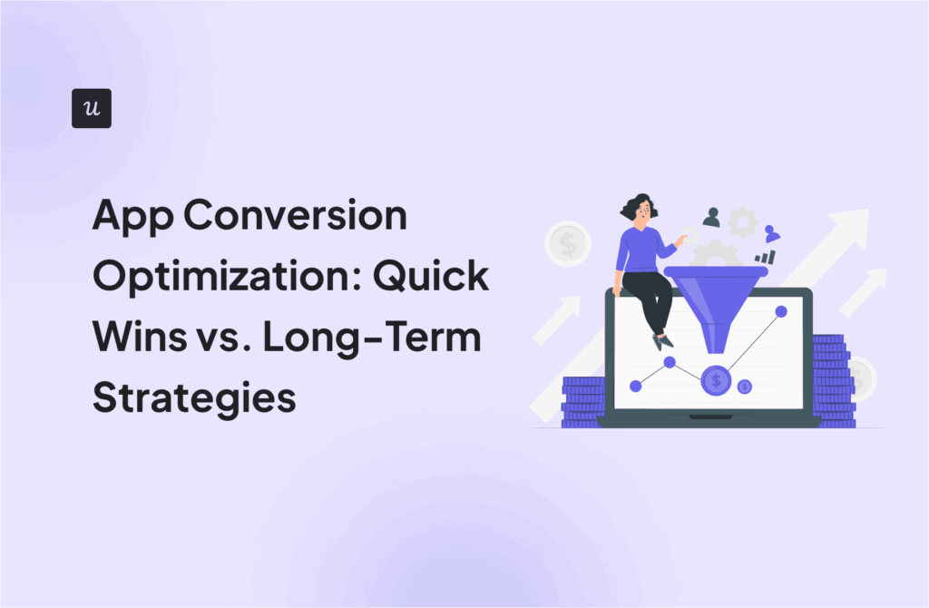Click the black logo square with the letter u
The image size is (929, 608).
pos(91,108)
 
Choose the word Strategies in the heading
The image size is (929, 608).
pos(194,397)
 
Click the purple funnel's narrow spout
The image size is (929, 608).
pos(717,341)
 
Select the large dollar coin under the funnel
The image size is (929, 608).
pos(717,380)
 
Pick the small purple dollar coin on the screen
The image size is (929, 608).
pos(745,387)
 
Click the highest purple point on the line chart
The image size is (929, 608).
pos(780,311)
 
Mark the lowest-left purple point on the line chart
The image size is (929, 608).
pos(636,386)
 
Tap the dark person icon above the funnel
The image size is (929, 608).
pos(711,218)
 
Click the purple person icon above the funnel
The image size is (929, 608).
pos(771,232)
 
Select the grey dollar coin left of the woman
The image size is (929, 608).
pos(568,244)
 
